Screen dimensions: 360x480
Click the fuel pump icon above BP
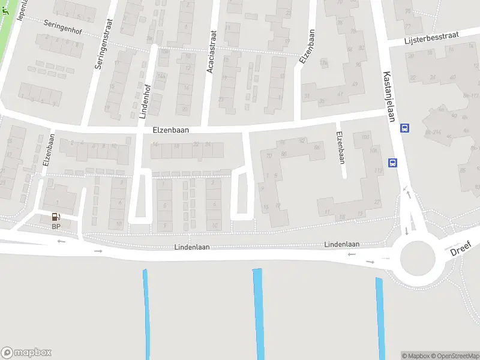[x=56, y=217]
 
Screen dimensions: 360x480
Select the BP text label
[x=56, y=226]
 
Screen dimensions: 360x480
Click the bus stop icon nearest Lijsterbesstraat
[x=405, y=128]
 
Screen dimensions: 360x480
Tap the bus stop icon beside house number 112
[x=392, y=162]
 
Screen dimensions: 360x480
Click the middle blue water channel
[x=259, y=312]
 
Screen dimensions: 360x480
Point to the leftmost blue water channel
[x=146, y=312]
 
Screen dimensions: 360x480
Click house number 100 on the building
[x=365, y=138]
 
